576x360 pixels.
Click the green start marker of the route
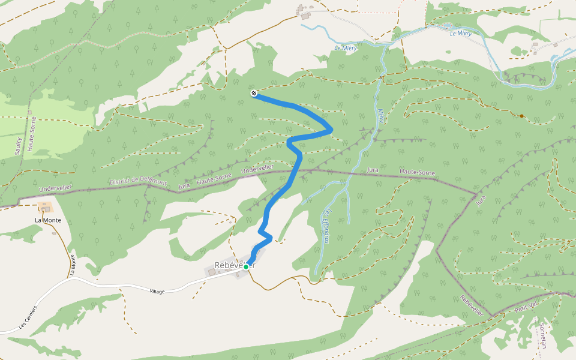coord(246,267)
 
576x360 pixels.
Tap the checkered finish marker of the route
coord(254,93)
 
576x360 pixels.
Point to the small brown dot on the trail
coord(521,116)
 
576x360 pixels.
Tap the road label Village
coord(157,292)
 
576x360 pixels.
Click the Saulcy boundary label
coord(19,146)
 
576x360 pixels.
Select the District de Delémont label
coord(138,181)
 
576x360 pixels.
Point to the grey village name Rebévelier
coord(234,266)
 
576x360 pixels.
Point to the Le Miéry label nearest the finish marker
coord(345,48)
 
